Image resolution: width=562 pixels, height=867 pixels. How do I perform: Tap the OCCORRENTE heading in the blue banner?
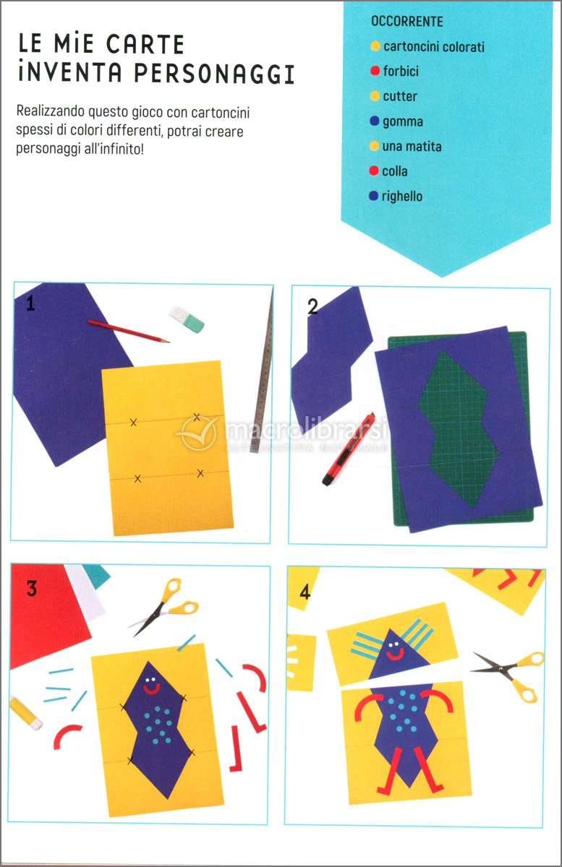coord(406,22)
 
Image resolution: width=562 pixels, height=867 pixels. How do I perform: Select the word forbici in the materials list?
coord(401,72)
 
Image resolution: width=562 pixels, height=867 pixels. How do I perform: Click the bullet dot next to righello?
coord(374,197)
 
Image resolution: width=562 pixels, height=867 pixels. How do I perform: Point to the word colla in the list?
coord(395,171)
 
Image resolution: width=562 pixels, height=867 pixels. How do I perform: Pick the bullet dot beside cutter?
coord(375,96)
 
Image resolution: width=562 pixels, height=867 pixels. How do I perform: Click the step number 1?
coord(30,303)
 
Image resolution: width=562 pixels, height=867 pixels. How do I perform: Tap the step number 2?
coord(312,307)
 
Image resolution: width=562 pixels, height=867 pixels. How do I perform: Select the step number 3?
coord(31,589)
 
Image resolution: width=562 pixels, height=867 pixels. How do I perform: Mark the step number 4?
coord(305,592)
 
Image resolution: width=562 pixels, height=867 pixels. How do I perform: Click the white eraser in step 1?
coord(187,319)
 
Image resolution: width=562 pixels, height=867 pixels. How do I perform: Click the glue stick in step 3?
coord(26,712)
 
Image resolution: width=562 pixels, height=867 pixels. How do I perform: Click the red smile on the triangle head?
coord(394,655)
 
